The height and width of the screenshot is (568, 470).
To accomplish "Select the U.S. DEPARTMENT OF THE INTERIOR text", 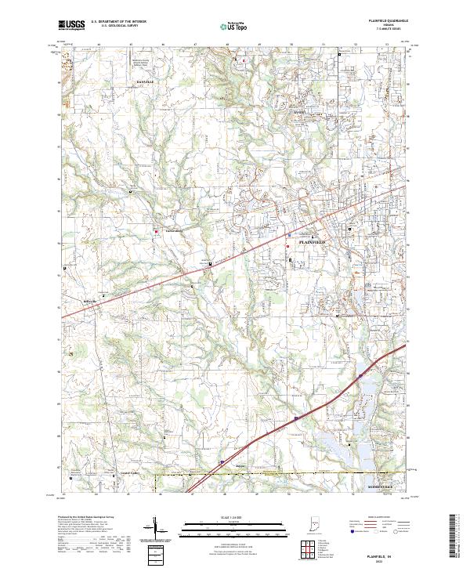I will tap(117, 21).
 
